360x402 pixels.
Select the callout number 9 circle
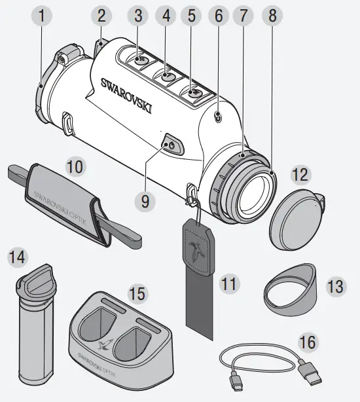coord(145,201)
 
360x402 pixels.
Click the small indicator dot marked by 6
coord(219,118)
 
